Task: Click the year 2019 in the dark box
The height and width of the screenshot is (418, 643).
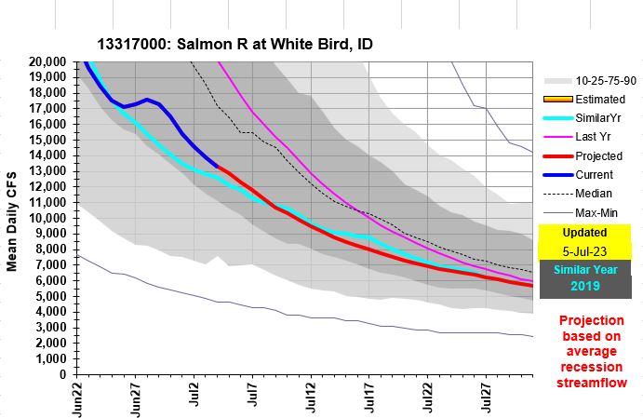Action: pyautogui.click(x=584, y=287)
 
